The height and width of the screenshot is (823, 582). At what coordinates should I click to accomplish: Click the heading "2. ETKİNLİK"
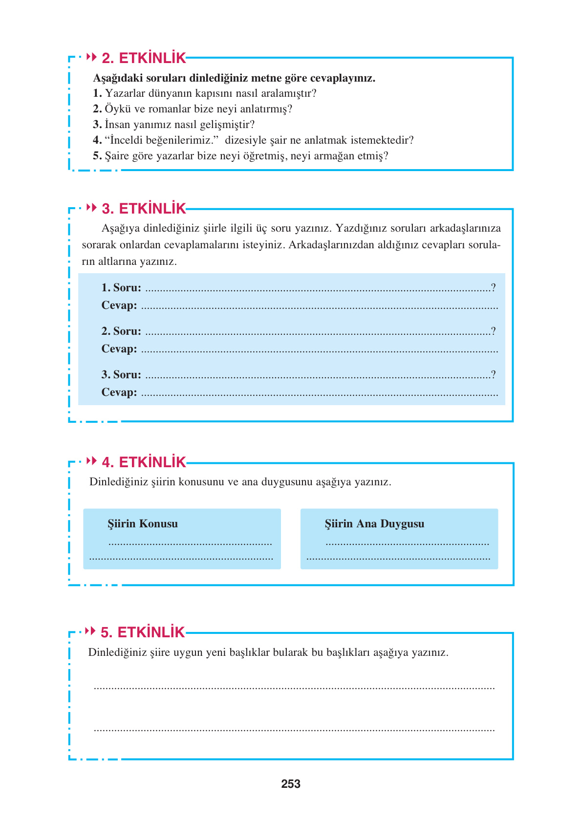(x=144, y=58)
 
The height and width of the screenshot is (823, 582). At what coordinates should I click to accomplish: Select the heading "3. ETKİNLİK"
(x=144, y=209)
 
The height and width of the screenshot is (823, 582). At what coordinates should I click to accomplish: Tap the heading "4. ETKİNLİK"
(x=144, y=462)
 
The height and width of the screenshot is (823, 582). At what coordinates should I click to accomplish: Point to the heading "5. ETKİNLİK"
(x=143, y=632)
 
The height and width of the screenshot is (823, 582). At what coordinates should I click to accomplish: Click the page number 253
(x=291, y=784)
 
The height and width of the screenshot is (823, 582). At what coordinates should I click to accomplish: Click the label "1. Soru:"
(x=121, y=288)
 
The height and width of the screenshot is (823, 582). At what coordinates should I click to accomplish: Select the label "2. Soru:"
(x=121, y=331)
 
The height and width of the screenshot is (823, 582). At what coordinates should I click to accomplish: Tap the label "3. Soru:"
(x=121, y=375)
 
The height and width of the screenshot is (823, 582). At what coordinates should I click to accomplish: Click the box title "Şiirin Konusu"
(x=143, y=524)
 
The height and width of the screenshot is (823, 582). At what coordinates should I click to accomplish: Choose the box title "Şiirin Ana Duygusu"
(x=374, y=524)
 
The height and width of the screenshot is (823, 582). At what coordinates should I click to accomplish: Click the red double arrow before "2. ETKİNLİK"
(x=91, y=57)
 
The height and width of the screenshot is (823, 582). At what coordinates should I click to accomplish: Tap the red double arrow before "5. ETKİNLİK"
(x=90, y=631)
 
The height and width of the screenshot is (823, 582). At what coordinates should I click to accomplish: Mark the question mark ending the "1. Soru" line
(x=494, y=288)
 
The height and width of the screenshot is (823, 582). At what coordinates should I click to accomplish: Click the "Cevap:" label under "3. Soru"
(x=119, y=392)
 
